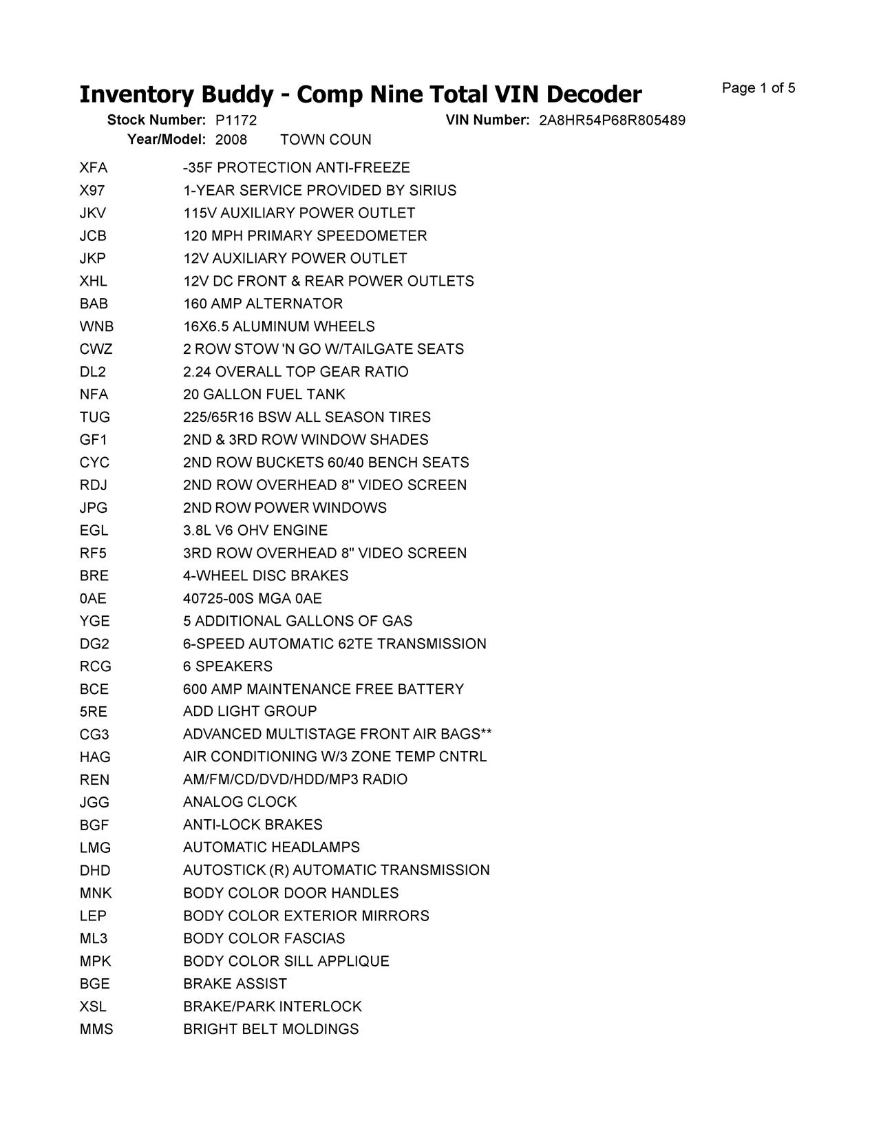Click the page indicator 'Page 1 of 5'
tap(758, 88)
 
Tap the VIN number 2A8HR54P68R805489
tap(612, 120)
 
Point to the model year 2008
tap(231, 140)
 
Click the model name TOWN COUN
tap(326, 140)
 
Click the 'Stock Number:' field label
tap(156, 120)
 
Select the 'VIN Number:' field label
tap(487, 120)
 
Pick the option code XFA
tap(94, 168)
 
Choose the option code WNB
tap(97, 326)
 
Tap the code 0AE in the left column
tap(94, 598)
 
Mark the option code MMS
tap(96, 1029)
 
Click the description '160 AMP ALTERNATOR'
tap(263, 304)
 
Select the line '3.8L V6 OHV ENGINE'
tap(255, 530)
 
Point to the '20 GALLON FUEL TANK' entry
tap(264, 394)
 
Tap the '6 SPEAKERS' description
tap(228, 666)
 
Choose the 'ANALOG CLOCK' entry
tap(240, 802)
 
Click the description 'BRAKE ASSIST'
tap(235, 984)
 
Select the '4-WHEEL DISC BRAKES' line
tap(266, 576)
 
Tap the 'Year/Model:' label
tap(167, 139)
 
